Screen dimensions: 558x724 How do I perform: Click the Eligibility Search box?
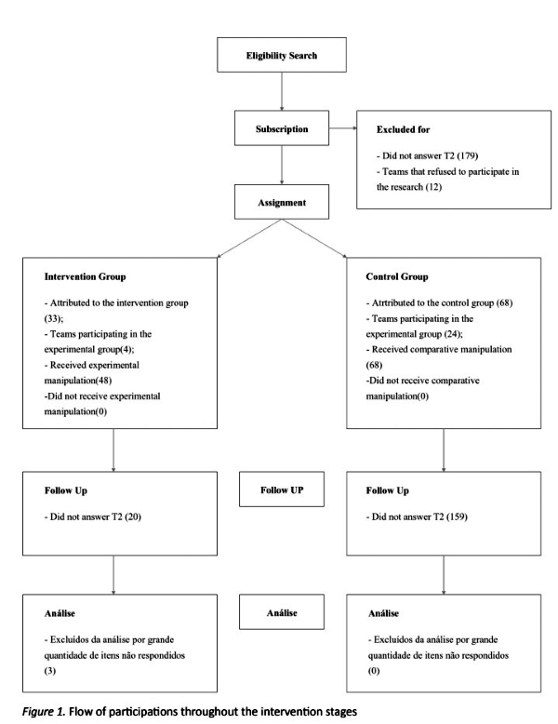[x=282, y=55]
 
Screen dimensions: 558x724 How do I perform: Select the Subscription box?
[x=282, y=127]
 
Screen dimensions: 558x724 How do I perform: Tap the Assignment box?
[x=282, y=202]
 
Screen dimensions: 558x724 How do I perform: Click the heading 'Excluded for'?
[x=403, y=129]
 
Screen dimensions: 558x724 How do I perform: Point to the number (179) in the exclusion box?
[x=468, y=155]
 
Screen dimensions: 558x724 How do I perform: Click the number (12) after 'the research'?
[x=433, y=187]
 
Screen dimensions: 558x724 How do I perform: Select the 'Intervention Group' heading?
[x=85, y=276]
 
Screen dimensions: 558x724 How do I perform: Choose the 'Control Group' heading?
[x=397, y=276]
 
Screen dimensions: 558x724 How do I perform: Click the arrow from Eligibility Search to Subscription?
[x=282, y=91]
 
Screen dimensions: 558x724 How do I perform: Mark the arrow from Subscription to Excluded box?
[x=343, y=127]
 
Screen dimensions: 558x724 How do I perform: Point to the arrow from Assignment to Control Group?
[x=313, y=238]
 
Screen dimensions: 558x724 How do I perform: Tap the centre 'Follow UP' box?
[x=282, y=489]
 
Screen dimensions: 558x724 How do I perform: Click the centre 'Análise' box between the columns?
[x=282, y=612]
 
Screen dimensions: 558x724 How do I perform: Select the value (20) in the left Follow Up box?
[x=133, y=516]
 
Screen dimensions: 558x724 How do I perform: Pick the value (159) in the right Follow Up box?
[x=457, y=516]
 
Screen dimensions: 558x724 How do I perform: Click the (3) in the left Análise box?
[x=50, y=671]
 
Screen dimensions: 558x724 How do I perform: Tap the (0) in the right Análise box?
[x=373, y=671]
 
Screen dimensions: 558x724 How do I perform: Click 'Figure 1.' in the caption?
[x=44, y=712]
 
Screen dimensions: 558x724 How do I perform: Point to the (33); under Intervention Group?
[x=54, y=318]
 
